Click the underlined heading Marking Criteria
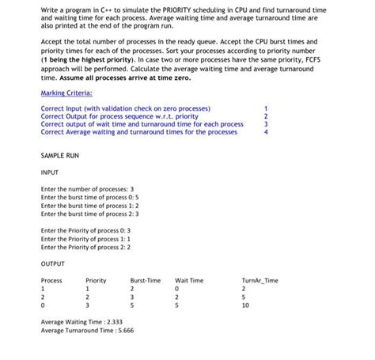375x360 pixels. pos(66,93)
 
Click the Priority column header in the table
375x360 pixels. pos(96,281)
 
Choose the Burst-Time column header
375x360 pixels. pos(145,281)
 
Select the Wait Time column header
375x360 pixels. pos(189,281)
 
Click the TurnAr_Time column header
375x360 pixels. pos(259,281)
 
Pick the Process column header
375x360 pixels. pos(51,281)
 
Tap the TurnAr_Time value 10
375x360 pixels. pos(245,305)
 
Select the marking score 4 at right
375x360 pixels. pos(266,132)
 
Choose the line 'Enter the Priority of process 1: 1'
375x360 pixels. pos(85,238)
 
